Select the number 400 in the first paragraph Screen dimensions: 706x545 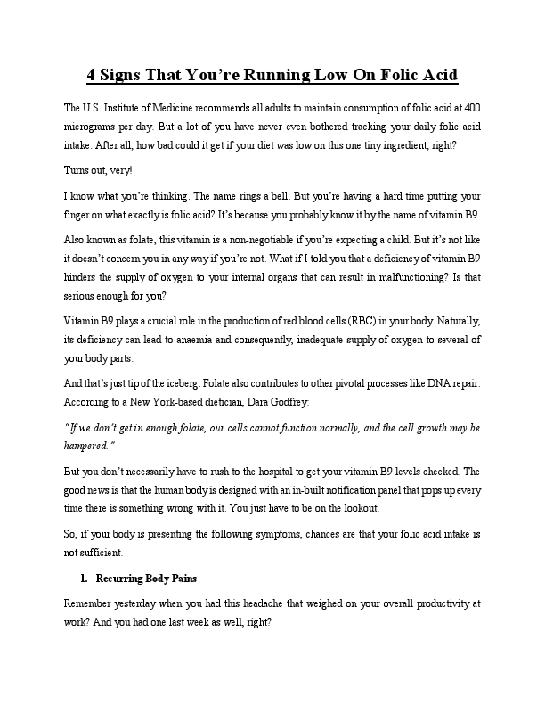[x=471, y=108]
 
